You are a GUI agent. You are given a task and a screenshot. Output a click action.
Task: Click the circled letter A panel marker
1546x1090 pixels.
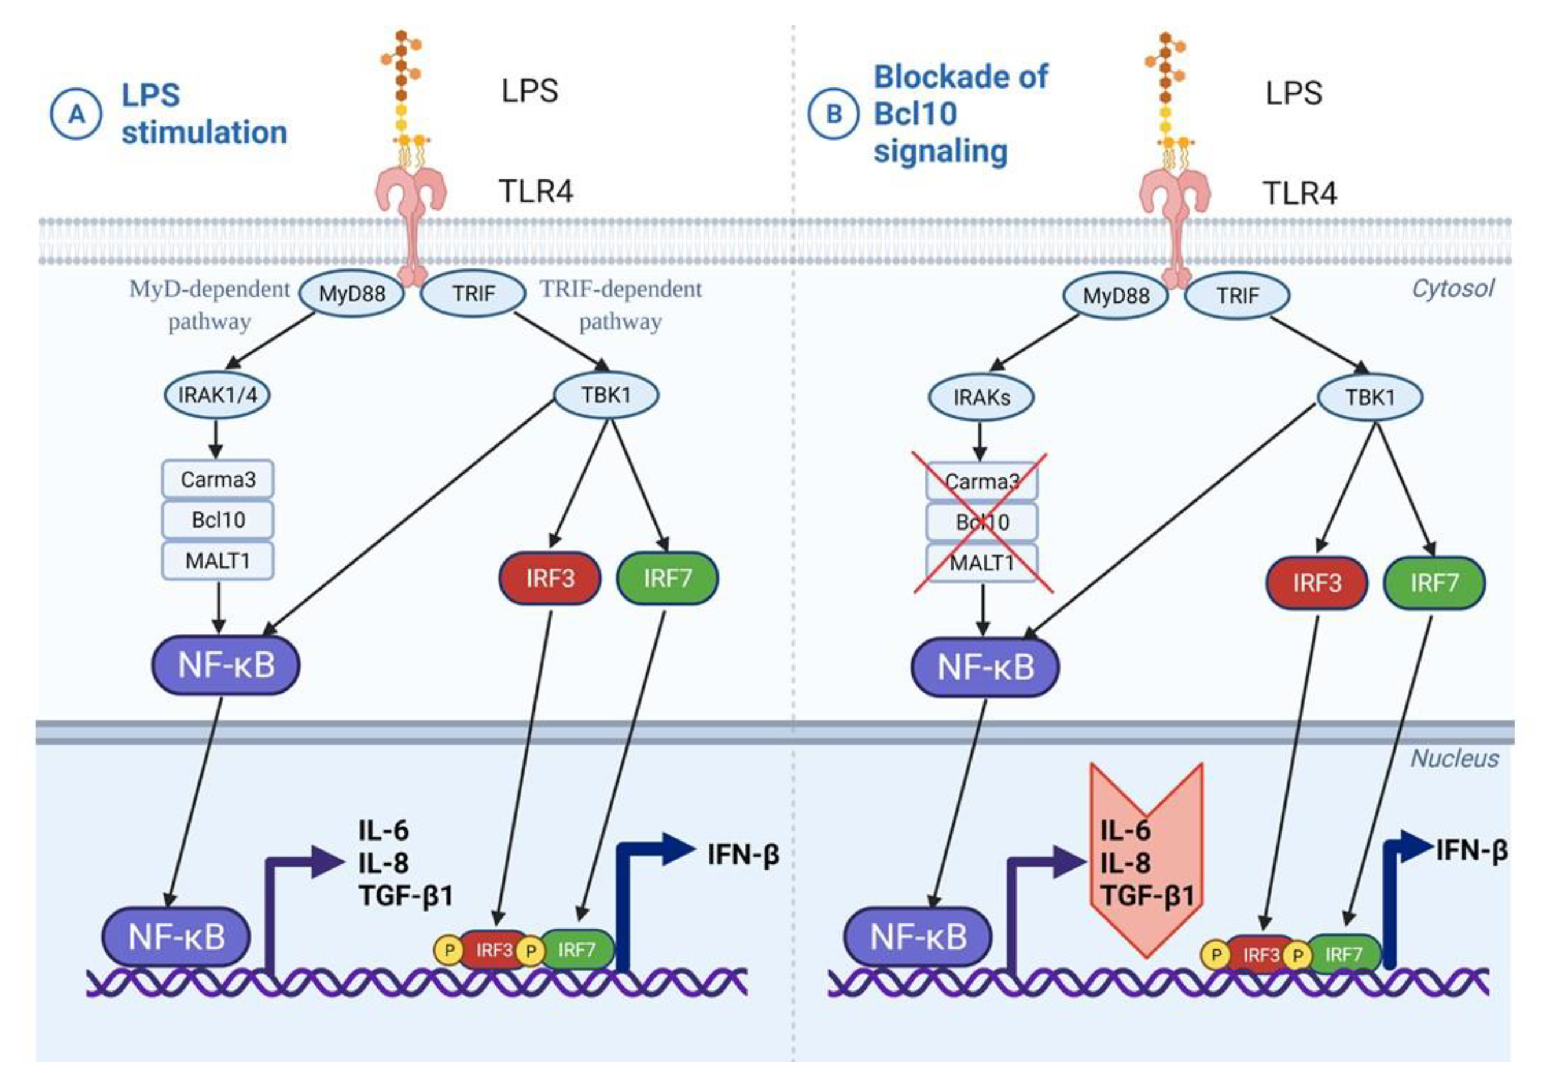click(x=76, y=115)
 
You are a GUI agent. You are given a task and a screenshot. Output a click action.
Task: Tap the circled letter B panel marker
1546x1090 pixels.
click(x=833, y=115)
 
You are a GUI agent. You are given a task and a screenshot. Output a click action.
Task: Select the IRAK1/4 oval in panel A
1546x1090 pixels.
click(x=217, y=395)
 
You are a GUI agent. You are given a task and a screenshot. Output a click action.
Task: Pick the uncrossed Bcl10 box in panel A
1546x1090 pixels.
click(x=218, y=520)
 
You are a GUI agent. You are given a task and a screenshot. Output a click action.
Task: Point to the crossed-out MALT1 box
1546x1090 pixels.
click(x=981, y=563)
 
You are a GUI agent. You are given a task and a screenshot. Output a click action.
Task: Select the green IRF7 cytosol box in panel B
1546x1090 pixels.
click(x=1434, y=583)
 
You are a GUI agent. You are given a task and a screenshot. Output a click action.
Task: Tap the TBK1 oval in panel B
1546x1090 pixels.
click(x=1370, y=397)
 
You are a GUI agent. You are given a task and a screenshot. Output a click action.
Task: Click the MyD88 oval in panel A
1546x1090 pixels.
click(x=351, y=293)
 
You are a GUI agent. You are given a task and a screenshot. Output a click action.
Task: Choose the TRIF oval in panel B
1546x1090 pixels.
click(x=1237, y=296)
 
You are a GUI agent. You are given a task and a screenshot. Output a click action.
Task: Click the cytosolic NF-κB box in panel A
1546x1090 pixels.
click(x=226, y=665)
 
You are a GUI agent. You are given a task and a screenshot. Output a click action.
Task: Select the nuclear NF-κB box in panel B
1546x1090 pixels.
click(x=917, y=937)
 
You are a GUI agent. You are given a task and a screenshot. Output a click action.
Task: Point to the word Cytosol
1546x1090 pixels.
click(x=1452, y=289)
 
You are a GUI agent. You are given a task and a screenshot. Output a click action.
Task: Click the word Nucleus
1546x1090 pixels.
click(x=1454, y=758)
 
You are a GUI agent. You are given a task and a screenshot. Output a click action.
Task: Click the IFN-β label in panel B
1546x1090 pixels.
click(x=1471, y=851)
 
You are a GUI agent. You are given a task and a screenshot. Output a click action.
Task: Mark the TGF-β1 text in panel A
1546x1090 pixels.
click(x=406, y=896)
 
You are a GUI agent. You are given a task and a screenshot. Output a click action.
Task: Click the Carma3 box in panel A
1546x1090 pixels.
click(x=218, y=480)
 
